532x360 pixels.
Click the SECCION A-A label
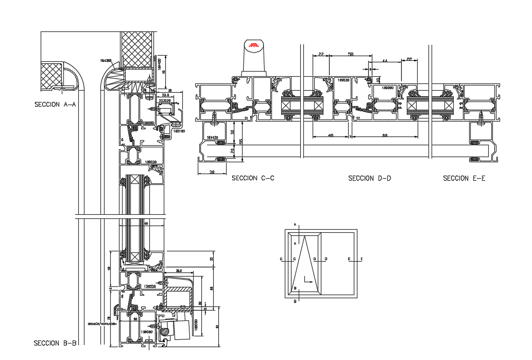coord(55,104)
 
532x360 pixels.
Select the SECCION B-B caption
coord(55,343)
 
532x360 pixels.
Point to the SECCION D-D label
coord(369,178)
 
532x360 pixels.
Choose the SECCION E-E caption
coord(464,178)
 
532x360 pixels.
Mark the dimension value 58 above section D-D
coord(351,54)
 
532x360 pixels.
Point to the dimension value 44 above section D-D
coord(385,61)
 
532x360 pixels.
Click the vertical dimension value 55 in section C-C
coord(240,141)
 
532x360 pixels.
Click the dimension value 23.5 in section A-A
coord(165,95)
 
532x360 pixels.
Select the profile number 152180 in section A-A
coord(179,131)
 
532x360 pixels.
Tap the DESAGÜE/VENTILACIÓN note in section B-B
coord(101,324)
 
